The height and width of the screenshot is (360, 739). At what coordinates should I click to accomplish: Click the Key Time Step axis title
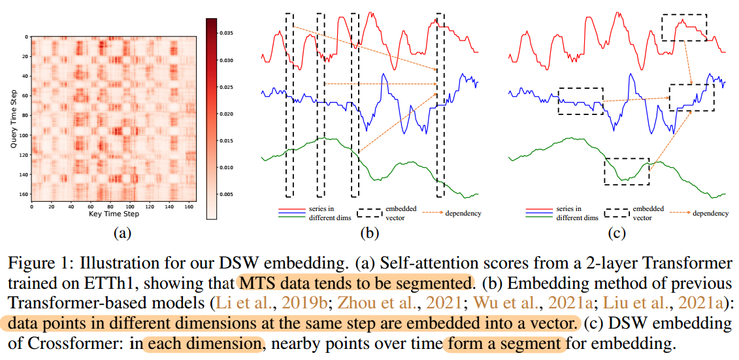(114, 214)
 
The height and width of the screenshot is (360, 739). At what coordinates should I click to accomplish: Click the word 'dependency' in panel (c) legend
(710, 212)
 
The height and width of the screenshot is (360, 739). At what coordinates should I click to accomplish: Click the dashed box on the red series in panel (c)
(683, 27)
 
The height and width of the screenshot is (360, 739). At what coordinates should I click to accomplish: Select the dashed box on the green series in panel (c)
(627, 171)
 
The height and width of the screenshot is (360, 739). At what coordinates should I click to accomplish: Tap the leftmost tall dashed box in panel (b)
(289, 105)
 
